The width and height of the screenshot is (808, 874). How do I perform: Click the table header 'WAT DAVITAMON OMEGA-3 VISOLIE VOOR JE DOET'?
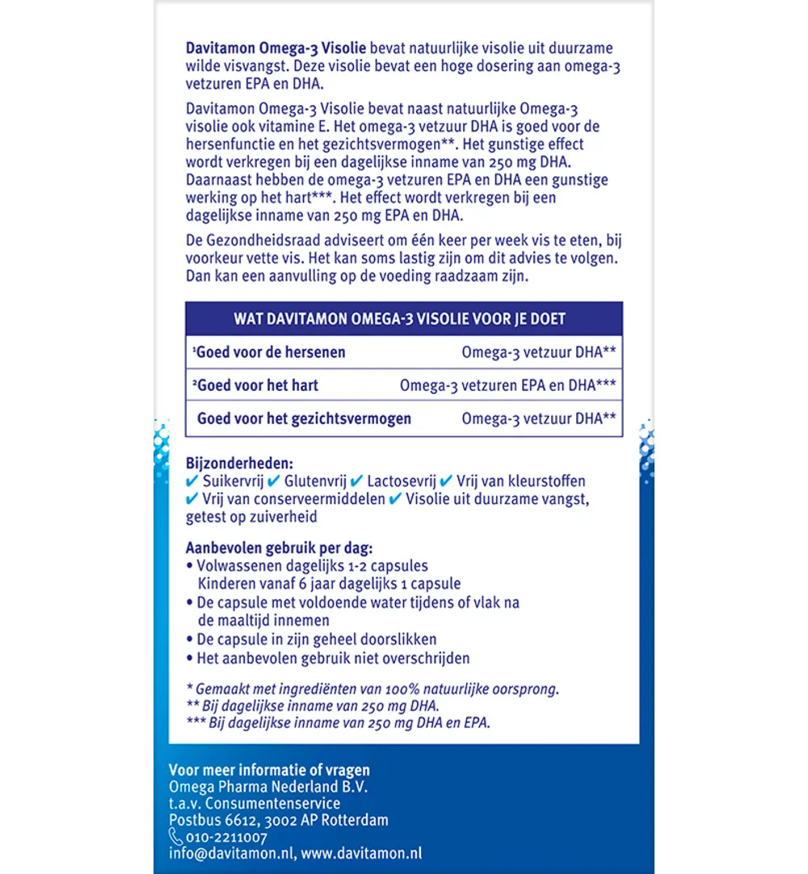click(399, 319)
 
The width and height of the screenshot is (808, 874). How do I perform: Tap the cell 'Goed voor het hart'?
click(256, 386)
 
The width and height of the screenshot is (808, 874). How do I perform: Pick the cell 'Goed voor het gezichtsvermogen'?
click(304, 419)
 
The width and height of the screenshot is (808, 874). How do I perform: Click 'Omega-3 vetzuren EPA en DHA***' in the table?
click(509, 386)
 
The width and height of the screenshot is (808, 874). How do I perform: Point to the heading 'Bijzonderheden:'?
click(239, 464)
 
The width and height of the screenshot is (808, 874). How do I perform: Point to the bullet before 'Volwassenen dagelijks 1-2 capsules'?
click(190, 565)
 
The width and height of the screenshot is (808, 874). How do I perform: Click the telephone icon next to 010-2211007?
click(176, 838)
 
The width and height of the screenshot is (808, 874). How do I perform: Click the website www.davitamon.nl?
click(363, 854)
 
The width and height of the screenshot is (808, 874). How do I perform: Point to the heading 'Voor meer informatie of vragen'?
click(269, 770)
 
